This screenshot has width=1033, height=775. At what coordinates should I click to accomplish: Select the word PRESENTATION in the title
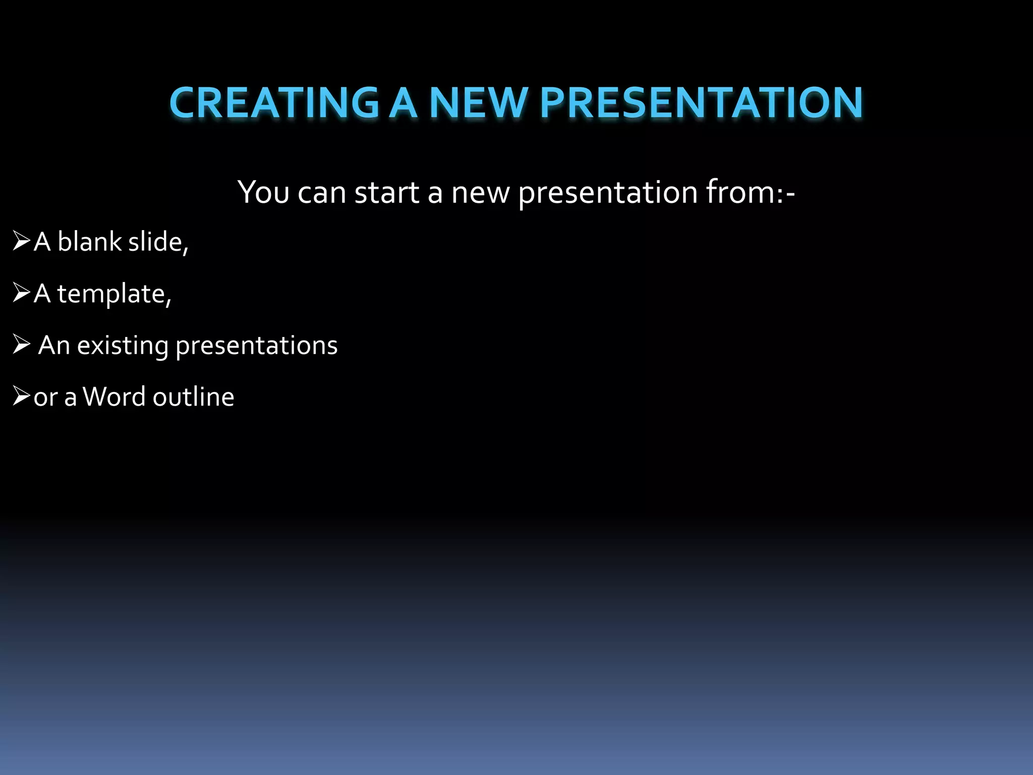coord(701,103)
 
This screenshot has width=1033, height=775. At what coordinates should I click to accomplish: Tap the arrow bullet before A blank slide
coord(21,241)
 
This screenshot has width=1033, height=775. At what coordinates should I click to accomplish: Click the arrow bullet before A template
coord(21,293)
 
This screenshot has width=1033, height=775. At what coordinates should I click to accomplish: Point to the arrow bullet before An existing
coord(21,345)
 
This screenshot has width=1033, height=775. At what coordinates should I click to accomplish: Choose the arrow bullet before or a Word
coord(21,396)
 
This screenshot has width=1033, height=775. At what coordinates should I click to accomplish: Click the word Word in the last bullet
coord(115,397)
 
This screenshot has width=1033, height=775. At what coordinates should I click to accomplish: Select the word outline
coord(193,397)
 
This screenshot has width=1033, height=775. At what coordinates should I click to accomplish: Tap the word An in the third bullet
coord(53,346)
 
